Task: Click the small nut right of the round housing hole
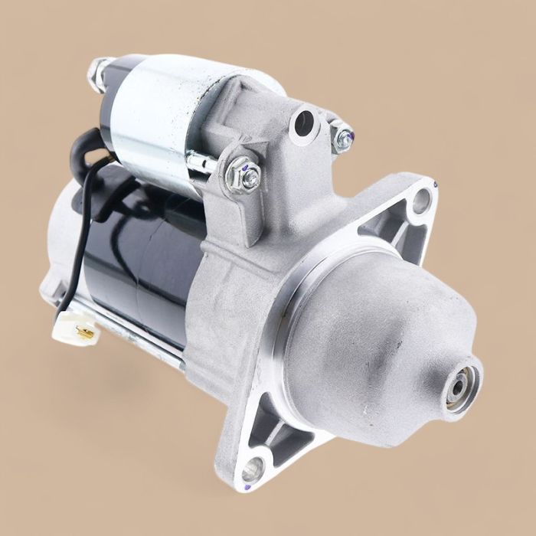[339, 136]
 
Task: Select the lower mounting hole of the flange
[253, 469]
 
